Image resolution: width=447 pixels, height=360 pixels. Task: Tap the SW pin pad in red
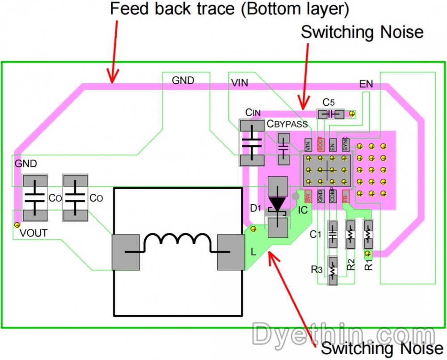[x=308, y=196]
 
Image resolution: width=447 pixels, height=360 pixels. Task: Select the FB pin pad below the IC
[x=345, y=196]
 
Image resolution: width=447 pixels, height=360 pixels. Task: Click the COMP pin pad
[x=333, y=196]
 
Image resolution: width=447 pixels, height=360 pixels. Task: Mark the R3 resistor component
[x=333, y=270]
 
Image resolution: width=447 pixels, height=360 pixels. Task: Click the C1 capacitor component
[x=333, y=234]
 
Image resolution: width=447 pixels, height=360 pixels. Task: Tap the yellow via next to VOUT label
[x=17, y=224]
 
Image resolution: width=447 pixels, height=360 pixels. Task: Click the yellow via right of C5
[x=352, y=114]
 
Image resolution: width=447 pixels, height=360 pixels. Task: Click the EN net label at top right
[x=366, y=84]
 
